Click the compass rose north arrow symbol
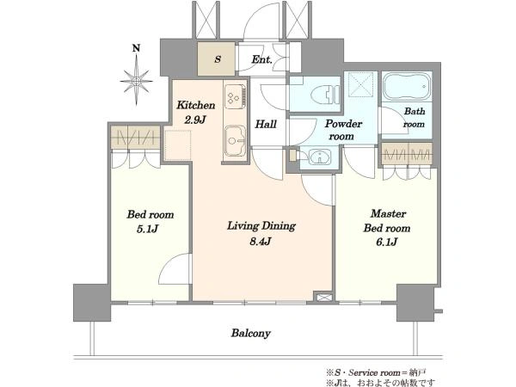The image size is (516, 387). coord(136,80)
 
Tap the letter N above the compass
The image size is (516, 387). coord(136,48)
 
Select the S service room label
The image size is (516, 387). coord(218,59)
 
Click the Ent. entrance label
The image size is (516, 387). coord(261,59)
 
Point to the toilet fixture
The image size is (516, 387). coord(324,94)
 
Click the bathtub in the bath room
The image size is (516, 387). coord(407,87)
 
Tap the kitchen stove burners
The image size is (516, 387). coord(235,96)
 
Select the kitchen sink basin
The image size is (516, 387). coord(235,141)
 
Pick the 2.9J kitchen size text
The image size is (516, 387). coord(195,120)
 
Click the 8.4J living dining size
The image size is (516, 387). coord(261,242)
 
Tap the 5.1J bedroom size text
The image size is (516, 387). coord(148,229)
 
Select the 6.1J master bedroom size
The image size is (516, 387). coord(387,242)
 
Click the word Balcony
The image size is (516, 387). coord(251,333)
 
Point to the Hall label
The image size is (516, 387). coord(266,124)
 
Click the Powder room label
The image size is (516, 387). coord(343,130)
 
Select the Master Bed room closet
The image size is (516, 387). coord(407,154)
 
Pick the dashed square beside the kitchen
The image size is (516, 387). coord(178,145)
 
